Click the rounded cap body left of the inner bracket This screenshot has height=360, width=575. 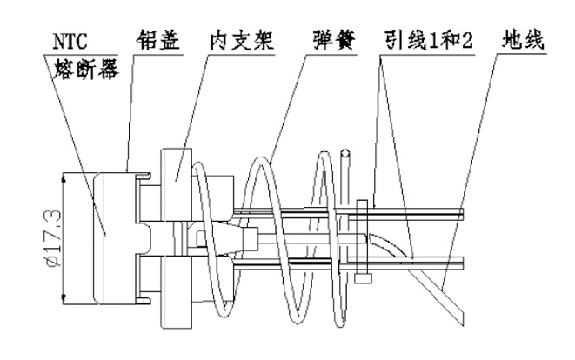coord(109,237)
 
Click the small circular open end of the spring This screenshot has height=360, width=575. coord(347,157)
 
